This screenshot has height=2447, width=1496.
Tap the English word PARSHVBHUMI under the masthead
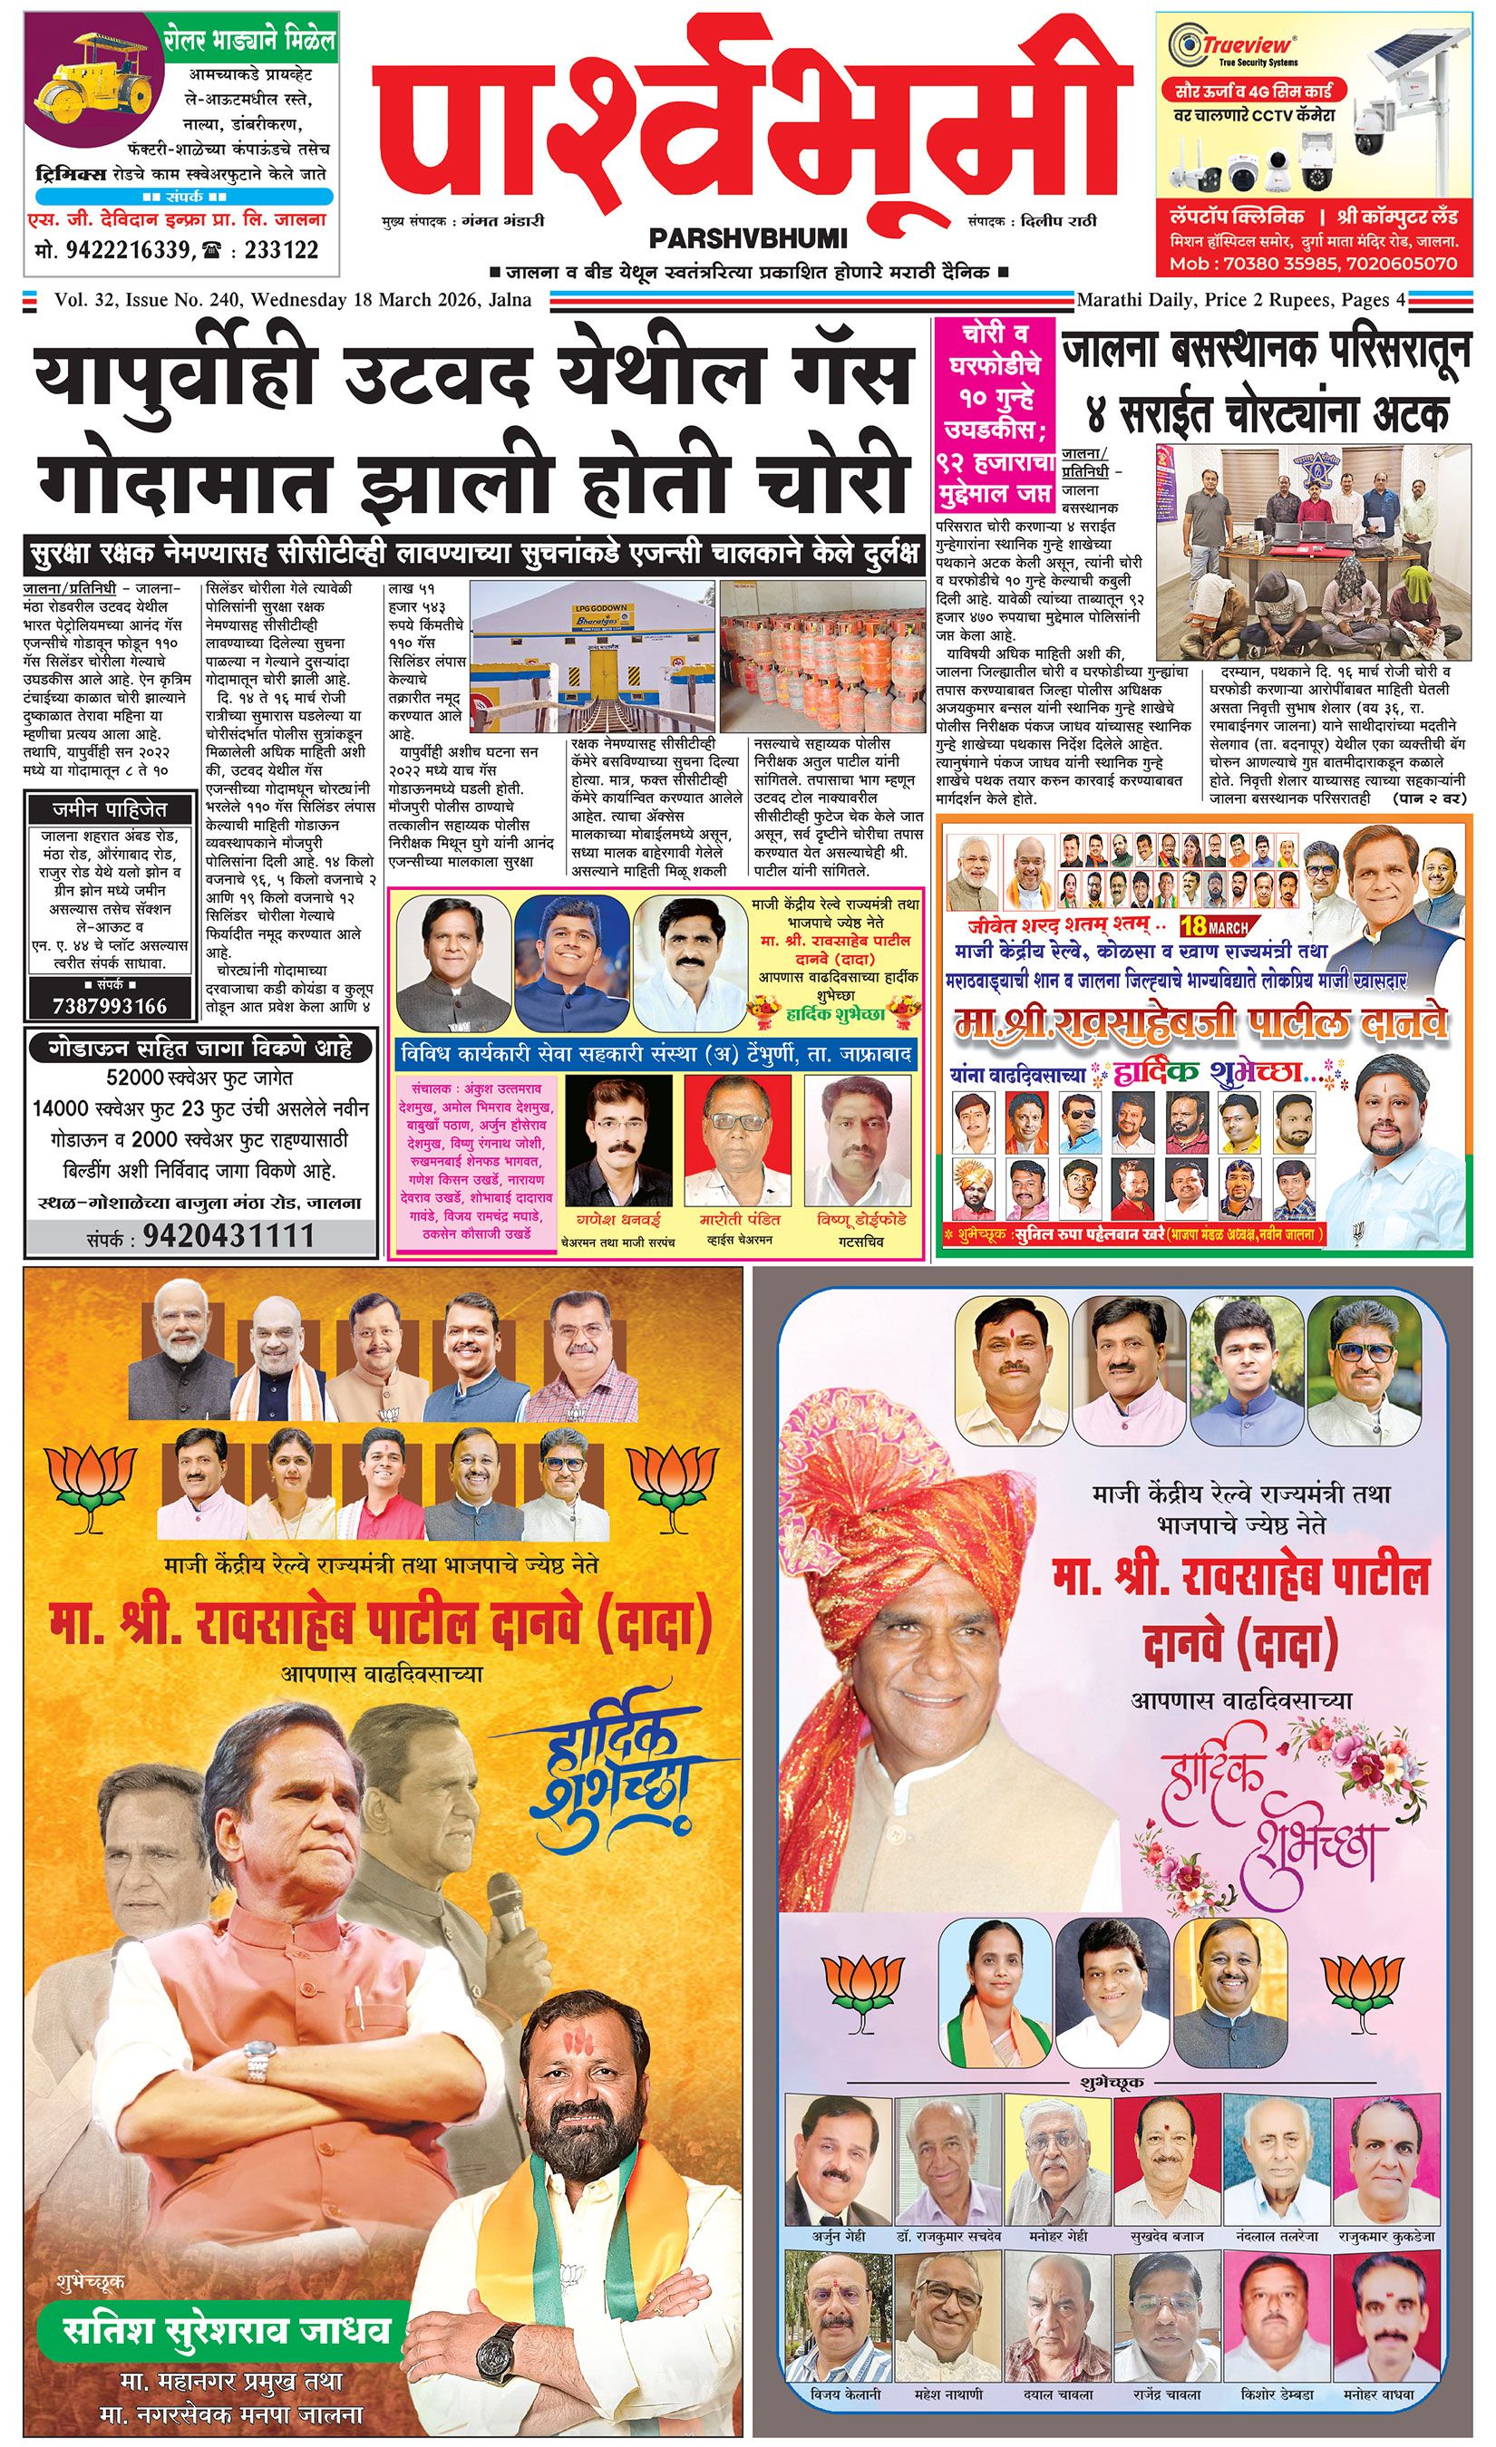[747, 238]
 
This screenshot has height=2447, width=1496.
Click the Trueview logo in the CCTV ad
[1233, 45]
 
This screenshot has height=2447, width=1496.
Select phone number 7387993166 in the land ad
[110, 1006]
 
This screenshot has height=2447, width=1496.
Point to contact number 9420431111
[228, 1236]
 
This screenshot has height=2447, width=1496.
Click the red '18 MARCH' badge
[1213, 927]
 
